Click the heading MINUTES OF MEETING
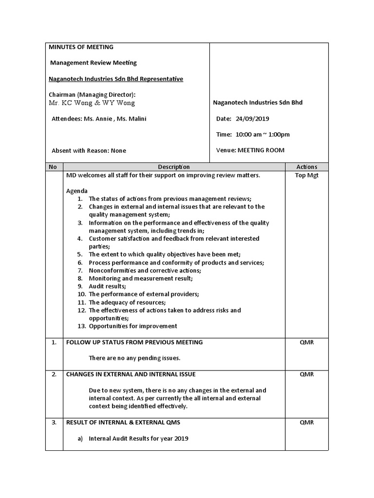pyautogui.click(x=81, y=47)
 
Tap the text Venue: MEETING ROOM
pyautogui.click(x=250, y=150)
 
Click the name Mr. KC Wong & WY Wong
pyautogui.click(x=92, y=103)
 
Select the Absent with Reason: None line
pyautogui.click(x=89, y=151)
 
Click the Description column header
pyautogui.click(x=174, y=167)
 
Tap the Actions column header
pyautogui.click(x=306, y=167)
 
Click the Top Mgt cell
pyautogui.click(x=306, y=176)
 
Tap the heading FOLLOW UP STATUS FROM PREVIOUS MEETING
pyautogui.click(x=134, y=342)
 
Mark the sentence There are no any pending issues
pyautogui.click(x=134, y=358)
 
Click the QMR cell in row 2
pyautogui.click(x=306, y=374)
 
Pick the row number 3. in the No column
pyautogui.click(x=54, y=423)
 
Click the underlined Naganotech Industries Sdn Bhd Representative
pyautogui.click(x=116, y=79)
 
